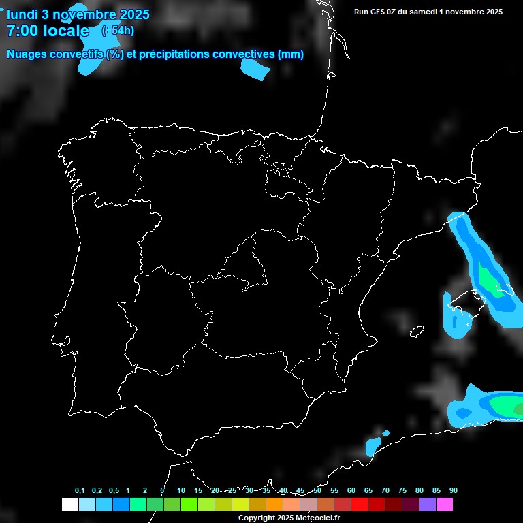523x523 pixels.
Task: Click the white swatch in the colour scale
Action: click(69, 505)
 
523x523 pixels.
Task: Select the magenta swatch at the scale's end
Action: click(444, 505)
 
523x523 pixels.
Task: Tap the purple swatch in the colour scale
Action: click(427, 505)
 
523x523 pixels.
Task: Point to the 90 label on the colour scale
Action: click(453, 491)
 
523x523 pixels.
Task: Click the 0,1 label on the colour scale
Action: click(80, 491)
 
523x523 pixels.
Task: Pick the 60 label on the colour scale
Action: click(351, 491)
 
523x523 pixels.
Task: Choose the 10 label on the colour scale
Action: click(180, 491)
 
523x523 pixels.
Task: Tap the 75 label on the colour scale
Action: click(402, 491)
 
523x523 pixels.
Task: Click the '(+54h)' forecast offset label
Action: click(118, 30)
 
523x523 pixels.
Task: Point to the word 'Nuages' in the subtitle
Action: click(27, 54)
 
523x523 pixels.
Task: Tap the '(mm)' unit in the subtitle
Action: click(291, 54)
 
